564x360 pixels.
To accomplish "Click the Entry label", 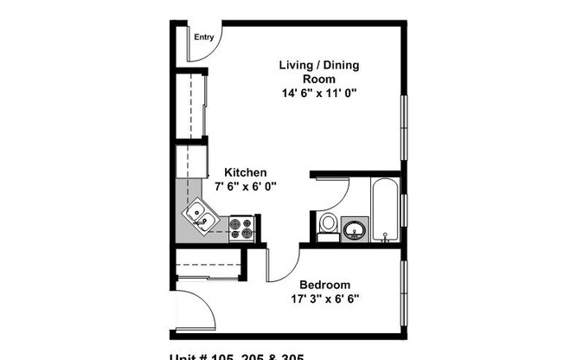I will (x=204, y=37).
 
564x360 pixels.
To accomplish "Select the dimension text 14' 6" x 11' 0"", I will (x=318, y=93).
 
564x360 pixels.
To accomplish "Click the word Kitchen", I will (x=246, y=172).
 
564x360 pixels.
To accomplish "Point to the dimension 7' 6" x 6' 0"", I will (x=247, y=186).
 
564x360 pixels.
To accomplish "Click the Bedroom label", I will (x=324, y=285).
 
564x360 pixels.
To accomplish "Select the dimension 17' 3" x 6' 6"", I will (x=324, y=299).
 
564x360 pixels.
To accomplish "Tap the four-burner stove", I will (x=241, y=228).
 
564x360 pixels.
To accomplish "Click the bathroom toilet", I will (x=328, y=224).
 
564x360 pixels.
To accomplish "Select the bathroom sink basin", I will (x=354, y=229).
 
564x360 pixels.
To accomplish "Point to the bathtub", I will (x=385, y=209).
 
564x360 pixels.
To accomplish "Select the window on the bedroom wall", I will (x=403, y=289).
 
